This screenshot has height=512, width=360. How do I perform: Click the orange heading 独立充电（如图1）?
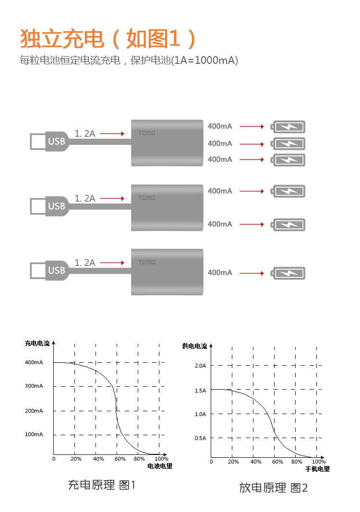(x=108, y=39)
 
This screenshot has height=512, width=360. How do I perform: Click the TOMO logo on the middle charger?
(x=147, y=198)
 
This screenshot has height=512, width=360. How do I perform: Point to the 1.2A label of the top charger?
(x=85, y=133)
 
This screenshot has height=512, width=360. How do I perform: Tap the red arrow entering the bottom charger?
(x=112, y=263)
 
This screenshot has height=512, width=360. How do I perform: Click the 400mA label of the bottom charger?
(x=220, y=273)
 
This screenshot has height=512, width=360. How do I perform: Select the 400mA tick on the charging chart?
(x=34, y=362)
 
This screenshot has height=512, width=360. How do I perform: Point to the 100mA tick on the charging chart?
(x=34, y=434)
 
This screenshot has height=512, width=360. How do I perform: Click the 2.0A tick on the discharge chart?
(x=200, y=366)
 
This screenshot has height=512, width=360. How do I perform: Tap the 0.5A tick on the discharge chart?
(x=200, y=438)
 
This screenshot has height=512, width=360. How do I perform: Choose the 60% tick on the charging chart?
(x=120, y=459)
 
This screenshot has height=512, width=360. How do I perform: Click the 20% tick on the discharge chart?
(x=233, y=462)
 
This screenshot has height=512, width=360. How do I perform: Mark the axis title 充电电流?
(x=37, y=343)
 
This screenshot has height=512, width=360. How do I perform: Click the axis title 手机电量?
(x=317, y=469)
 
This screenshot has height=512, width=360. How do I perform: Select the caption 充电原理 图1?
(x=102, y=485)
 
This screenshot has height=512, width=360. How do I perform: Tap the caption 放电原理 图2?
(x=274, y=488)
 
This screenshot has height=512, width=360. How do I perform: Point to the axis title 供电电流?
(x=194, y=346)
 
